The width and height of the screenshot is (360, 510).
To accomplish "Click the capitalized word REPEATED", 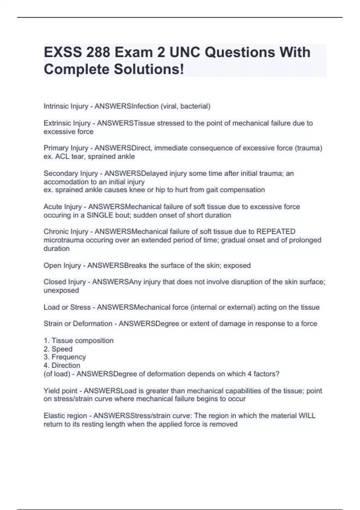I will click(276, 232).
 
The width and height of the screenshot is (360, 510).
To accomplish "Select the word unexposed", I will click(61, 290).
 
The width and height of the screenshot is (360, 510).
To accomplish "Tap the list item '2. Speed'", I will click(58, 349).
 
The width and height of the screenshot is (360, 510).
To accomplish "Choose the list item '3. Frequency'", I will click(64, 357).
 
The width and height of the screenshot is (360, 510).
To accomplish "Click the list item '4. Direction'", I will click(62, 365).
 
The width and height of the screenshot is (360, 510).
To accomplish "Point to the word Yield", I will click(51, 391).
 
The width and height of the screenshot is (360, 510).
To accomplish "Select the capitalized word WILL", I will click(307, 416).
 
